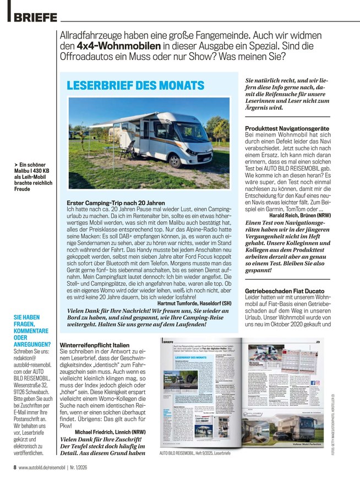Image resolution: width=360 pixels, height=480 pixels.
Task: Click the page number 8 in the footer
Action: pos(14,468)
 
